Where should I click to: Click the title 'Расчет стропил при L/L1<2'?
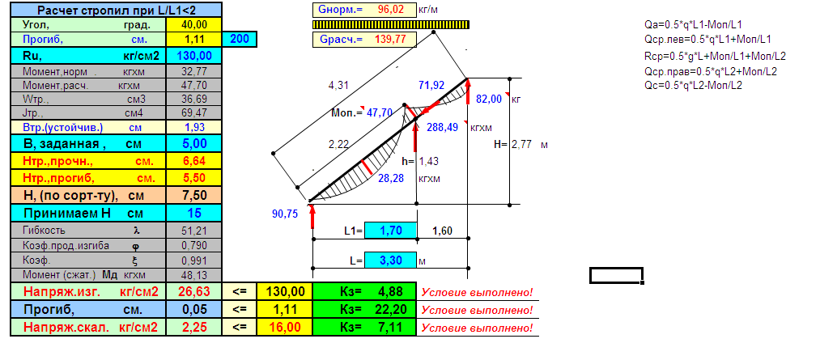(x=115, y=10)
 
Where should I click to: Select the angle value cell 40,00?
(x=194, y=24)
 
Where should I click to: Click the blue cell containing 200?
(x=240, y=39)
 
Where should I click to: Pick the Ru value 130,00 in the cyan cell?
(x=194, y=55)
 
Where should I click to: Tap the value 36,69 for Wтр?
(x=194, y=99)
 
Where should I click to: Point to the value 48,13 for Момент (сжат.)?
(x=194, y=275)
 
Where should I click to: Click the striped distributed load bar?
(x=391, y=24)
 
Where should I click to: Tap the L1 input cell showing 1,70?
(x=391, y=230)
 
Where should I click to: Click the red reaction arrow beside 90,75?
(x=312, y=216)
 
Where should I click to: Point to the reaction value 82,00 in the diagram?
(x=489, y=99)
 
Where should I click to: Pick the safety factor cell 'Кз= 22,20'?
(x=363, y=309)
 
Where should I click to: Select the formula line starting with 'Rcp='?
(x=716, y=57)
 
